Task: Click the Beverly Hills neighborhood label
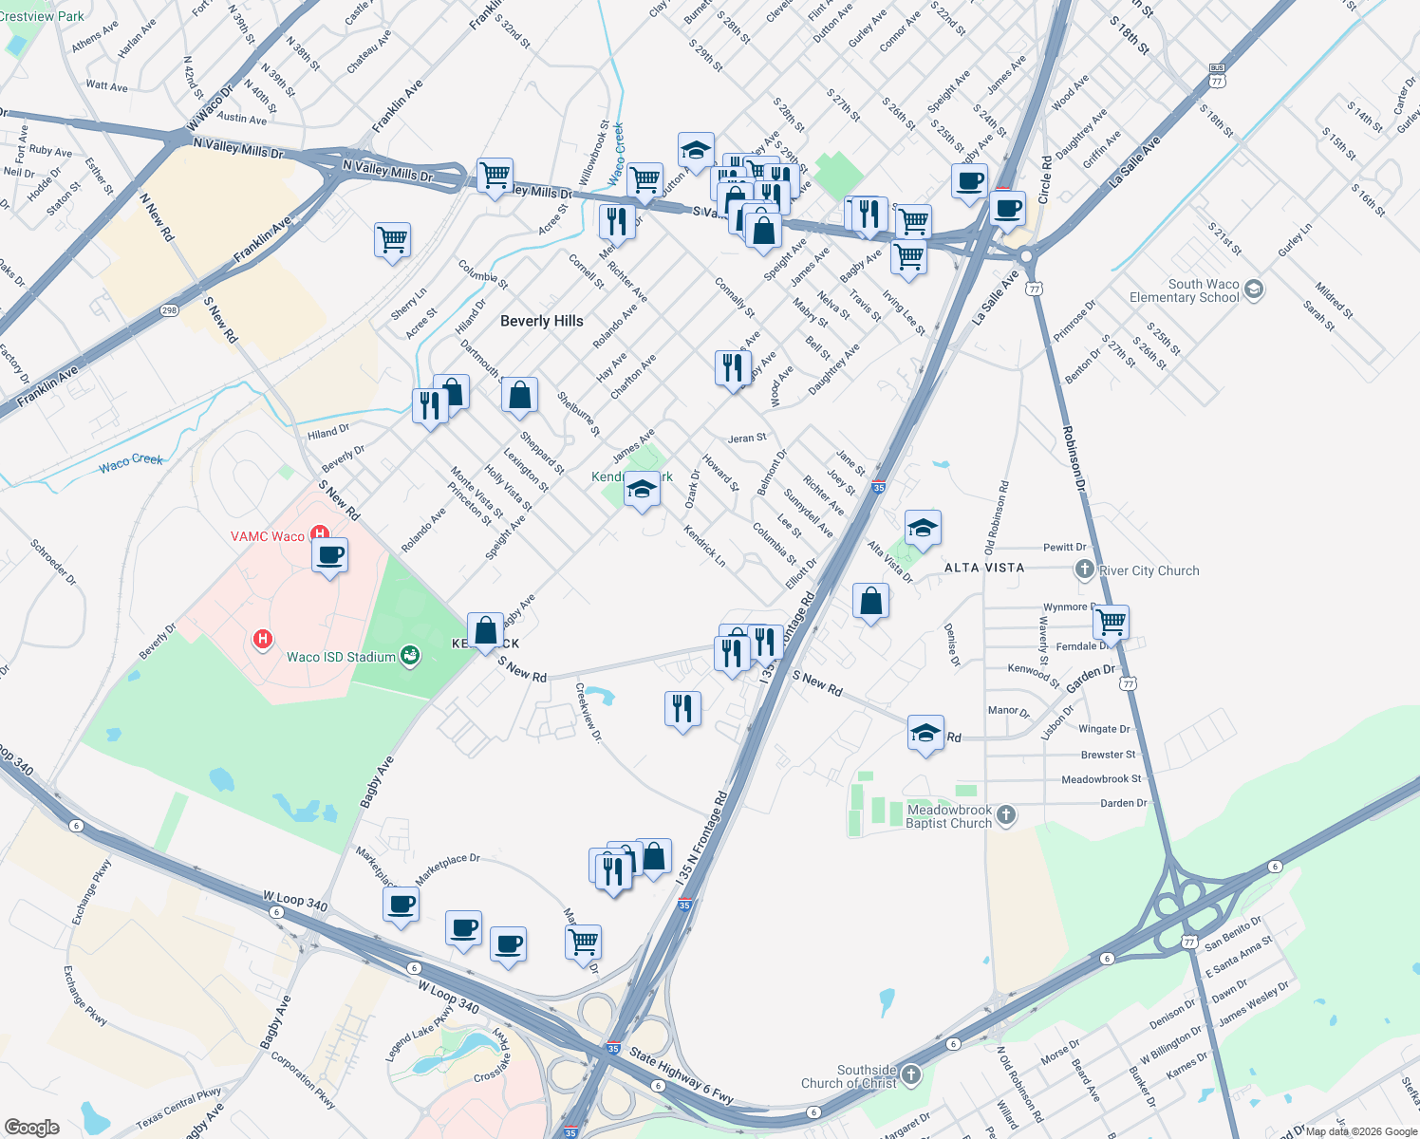point(541,321)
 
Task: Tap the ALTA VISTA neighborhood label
point(984,568)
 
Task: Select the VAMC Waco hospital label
point(268,536)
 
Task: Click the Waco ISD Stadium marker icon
point(410,656)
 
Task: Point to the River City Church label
point(1149,570)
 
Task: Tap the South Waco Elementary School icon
point(1253,289)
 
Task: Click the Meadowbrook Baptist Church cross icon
point(1006,815)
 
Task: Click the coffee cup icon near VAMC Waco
point(329,555)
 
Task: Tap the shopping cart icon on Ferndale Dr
point(1111,623)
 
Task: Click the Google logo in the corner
point(31,1127)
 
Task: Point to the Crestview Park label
point(42,16)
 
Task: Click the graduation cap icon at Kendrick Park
point(642,490)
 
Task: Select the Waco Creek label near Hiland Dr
point(131,462)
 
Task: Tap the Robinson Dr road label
point(1074,457)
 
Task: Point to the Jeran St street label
point(747,439)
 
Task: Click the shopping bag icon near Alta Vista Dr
point(870,602)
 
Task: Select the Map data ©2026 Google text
point(1360,1131)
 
